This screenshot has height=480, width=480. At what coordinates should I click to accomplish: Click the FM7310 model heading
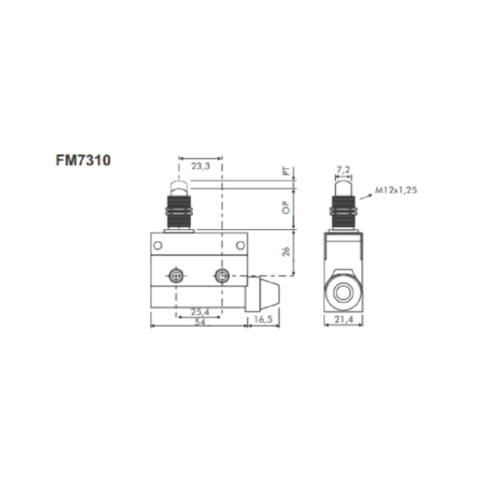pos(83,160)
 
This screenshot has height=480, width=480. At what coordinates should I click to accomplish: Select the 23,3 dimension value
pos(201,166)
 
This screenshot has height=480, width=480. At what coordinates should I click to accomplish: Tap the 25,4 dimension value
pos(200,312)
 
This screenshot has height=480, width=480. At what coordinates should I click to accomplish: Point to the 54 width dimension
pos(200,322)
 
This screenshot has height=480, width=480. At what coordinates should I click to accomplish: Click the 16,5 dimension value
pos(263,319)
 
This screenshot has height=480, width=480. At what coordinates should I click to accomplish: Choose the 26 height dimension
pos(286,252)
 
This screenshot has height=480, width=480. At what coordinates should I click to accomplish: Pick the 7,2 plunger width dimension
pos(343,170)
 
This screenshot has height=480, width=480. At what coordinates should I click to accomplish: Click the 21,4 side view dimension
pos(344,319)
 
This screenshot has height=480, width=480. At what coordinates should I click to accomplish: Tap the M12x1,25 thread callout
pos(396,190)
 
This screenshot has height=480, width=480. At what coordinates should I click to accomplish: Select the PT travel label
pos(286,171)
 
